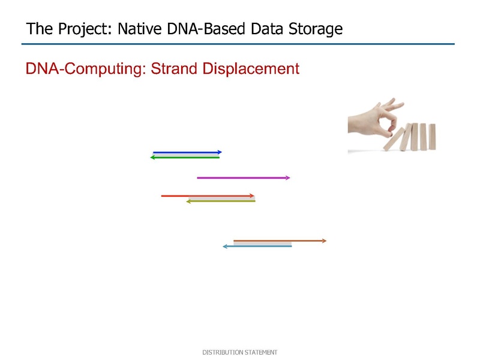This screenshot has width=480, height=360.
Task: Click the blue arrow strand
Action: (x=187, y=152)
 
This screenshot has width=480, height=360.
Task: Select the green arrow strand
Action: (x=185, y=157)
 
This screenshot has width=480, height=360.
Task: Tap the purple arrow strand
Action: (x=244, y=178)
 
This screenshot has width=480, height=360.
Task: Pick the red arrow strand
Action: (x=208, y=196)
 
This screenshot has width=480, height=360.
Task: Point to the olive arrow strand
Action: (x=221, y=201)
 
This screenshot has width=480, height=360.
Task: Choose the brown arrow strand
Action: (x=280, y=241)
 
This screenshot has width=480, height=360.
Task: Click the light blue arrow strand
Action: (x=257, y=246)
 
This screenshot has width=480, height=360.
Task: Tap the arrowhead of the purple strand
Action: (x=288, y=178)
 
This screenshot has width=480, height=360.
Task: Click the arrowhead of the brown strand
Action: (x=325, y=241)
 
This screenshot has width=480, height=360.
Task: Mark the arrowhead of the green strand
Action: (x=152, y=157)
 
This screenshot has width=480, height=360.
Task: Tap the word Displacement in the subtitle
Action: (x=251, y=68)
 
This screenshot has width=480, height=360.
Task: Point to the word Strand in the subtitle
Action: (x=174, y=68)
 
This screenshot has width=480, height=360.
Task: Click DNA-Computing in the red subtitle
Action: (x=86, y=69)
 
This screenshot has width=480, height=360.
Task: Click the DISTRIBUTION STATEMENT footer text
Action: (x=239, y=352)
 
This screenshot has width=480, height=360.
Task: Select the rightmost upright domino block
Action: (x=432, y=137)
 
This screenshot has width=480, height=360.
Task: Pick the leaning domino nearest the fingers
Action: (x=394, y=139)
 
